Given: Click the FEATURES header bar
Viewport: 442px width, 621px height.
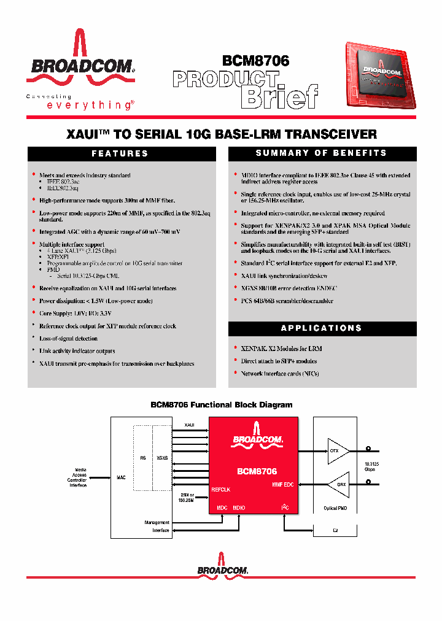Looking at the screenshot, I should coord(120,153).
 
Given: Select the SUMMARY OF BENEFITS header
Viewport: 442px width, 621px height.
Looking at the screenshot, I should coord(321,153).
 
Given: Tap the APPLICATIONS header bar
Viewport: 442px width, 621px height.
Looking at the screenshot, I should coord(321,328).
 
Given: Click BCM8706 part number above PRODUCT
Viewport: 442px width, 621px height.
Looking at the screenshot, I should coord(255,61).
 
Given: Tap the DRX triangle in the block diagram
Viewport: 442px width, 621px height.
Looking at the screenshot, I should coord(338,484).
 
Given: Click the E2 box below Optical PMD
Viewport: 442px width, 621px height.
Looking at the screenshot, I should coord(335,530).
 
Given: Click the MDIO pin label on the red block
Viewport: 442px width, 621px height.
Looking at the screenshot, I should coord(239,508).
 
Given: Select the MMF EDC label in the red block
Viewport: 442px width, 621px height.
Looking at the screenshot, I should coord(282,485).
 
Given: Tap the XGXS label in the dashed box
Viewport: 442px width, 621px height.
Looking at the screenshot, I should coord(162,457).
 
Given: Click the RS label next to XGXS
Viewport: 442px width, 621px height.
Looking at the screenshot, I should coord(142,457).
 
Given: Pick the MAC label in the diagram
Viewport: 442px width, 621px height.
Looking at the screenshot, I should coord(121,477).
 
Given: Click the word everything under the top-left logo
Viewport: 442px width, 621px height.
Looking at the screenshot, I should coord(89,105).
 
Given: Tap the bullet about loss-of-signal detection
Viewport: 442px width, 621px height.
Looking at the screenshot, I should coord(68,339).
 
